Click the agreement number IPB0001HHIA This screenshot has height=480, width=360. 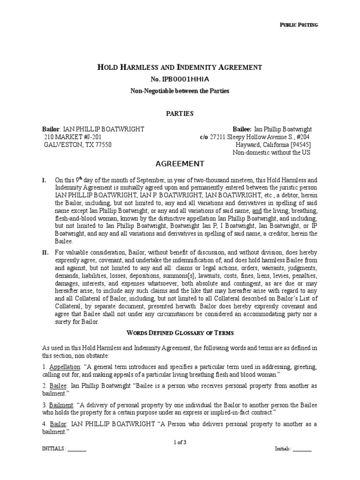click(180, 79)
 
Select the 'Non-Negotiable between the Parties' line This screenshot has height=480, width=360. click(180, 90)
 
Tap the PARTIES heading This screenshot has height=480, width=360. click(180, 113)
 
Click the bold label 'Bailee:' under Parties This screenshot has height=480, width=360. click(242, 129)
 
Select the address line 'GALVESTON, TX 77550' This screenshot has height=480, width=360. click(78, 145)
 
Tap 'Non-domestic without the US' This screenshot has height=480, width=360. click(272, 153)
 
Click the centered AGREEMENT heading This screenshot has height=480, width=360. click(180, 164)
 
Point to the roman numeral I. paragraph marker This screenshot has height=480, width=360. click(44, 180)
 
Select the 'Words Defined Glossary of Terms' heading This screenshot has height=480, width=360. click(180, 332)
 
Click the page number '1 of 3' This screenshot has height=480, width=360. click(180, 442)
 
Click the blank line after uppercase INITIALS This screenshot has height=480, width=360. click(77, 449)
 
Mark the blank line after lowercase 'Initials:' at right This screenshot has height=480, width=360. click(302, 449)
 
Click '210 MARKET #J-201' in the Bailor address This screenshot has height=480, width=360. click(70, 137)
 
